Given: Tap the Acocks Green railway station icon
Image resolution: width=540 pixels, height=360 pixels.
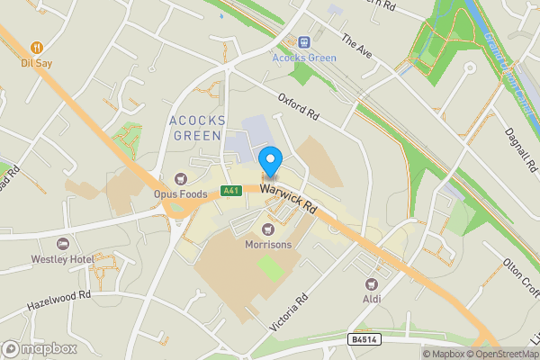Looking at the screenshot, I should tap(304, 41).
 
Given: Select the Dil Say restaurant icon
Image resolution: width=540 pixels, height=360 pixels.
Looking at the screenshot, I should tap(37, 47).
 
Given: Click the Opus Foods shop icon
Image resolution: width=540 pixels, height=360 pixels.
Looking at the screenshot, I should tap(182, 179).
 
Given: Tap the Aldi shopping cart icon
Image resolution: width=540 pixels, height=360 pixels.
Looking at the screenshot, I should tap(369, 282).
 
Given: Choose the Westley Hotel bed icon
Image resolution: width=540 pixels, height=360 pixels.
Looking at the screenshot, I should tap(62, 244).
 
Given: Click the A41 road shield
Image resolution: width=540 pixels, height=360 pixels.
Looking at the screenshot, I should tap(231, 191).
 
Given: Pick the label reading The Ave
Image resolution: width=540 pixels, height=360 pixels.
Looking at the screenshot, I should tap(355, 44).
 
